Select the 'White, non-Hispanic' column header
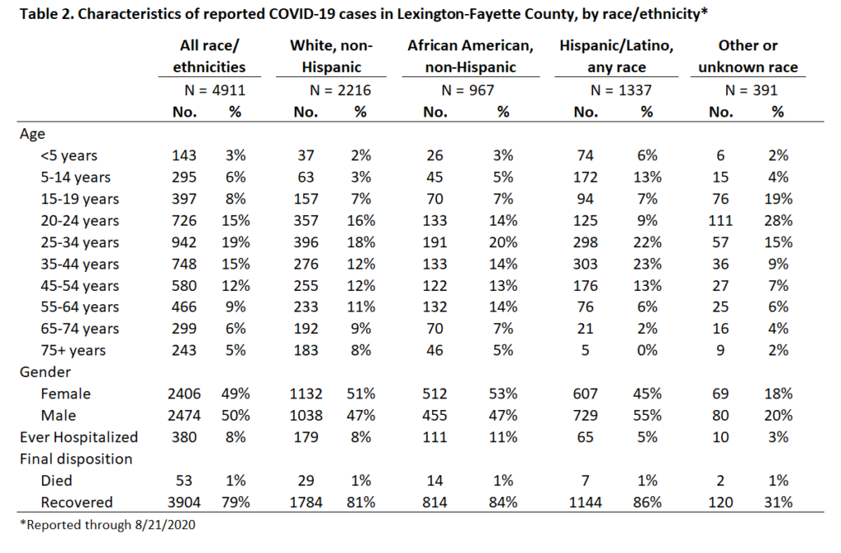[x=331, y=57]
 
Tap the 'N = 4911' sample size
[x=214, y=90]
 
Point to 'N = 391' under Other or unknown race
[x=751, y=90]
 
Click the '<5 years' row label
[x=69, y=155]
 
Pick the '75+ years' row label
[x=73, y=350]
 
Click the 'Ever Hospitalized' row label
[x=79, y=437]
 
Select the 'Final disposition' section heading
[x=76, y=459]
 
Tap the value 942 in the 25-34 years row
[x=184, y=242]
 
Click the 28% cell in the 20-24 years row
[x=779, y=220]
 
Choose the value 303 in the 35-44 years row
[x=585, y=264]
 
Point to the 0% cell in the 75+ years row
[x=647, y=350]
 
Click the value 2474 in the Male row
[x=184, y=416]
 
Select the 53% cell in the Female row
[x=503, y=394]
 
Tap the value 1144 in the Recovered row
[x=585, y=503]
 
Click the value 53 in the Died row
[x=184, y=481]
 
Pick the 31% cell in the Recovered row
[x=779, y=503]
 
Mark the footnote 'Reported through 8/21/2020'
[x=108, y=524]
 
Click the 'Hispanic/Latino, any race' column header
[x=616, y=57]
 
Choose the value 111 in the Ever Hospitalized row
[x=434, y=437]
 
